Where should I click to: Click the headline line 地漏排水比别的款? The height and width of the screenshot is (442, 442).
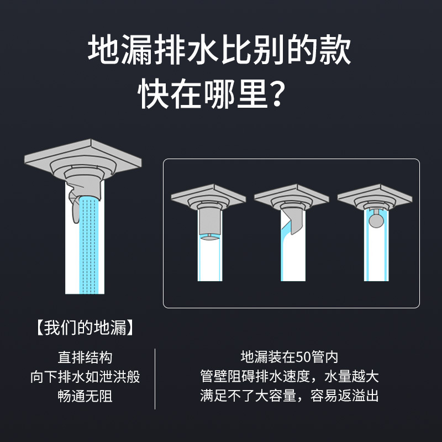(x=219, y=50)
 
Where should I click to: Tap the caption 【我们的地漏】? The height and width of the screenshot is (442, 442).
(x=85, y=328)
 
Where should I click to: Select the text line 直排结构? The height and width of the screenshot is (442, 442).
(x=85, y=357)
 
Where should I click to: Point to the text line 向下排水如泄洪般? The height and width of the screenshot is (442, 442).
(x=85, y=377)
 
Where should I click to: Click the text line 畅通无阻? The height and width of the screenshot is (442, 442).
(x=85, y=396)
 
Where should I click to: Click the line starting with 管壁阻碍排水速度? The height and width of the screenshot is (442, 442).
(x=290, y=376)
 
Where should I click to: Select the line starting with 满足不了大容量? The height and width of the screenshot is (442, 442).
(x=290, y=396)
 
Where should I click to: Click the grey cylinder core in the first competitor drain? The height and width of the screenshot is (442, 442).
(x=209, y=222)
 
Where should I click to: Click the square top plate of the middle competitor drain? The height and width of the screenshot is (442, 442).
(x=292, y=197)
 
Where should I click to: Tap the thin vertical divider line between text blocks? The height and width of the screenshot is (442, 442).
(x=155, y=379)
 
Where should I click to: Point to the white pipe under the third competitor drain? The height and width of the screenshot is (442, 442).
(x=376, y=254)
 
